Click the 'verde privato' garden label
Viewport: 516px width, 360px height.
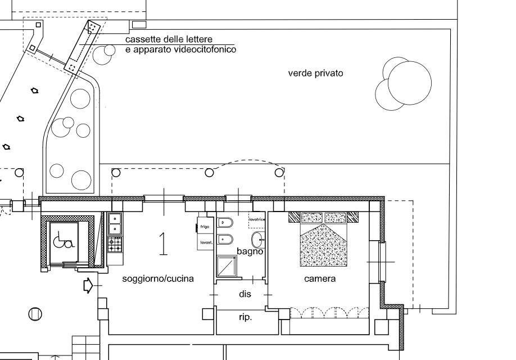point(315,73)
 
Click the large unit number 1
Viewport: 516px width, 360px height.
point(163,244)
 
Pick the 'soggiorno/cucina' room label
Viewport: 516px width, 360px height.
point(158,278)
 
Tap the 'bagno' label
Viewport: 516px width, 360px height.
point(250,251)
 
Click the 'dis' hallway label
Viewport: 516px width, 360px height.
point(245,294)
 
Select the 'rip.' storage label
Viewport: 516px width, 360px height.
point(245,317)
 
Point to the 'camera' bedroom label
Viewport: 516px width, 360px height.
point(320,278)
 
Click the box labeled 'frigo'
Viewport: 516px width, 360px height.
point(204,227)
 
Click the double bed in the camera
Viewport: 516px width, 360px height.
point(323,239)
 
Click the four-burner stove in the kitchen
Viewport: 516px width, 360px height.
point(115,244)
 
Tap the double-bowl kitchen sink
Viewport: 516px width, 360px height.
point(115,223)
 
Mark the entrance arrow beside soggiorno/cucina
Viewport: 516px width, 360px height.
point(88,286)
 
